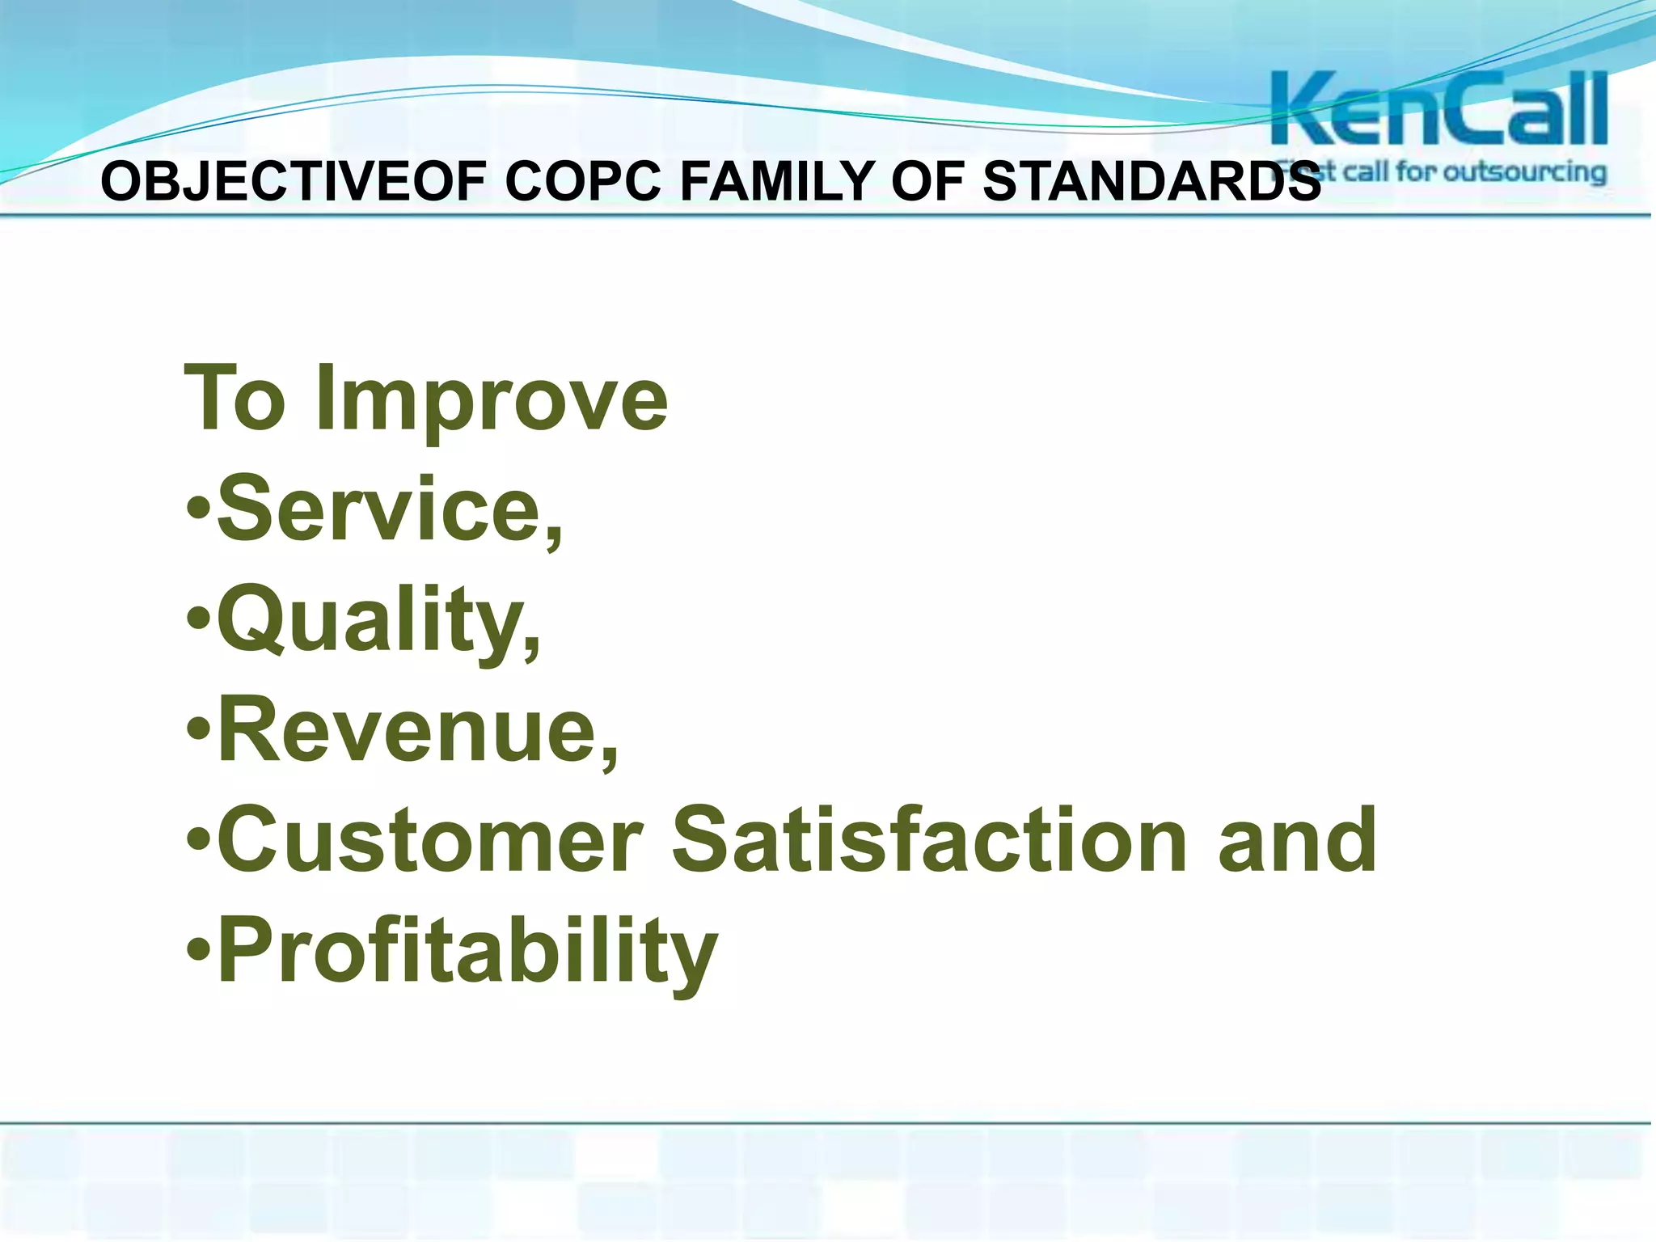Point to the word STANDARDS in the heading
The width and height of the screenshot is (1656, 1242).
pos(1151,181)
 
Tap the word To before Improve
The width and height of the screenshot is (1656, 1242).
pos(235,398)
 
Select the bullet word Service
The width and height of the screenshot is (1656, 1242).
pos(380,509)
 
